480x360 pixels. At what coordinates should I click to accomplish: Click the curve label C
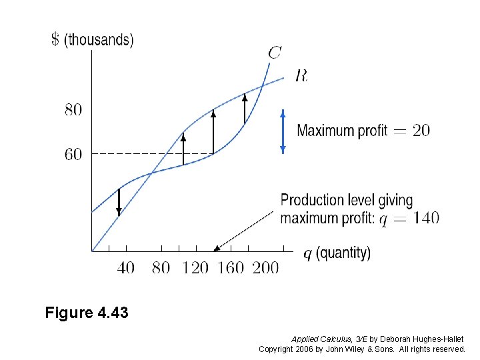click(x=274, y=52)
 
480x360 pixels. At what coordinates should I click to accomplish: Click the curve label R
click(x=301, y=76)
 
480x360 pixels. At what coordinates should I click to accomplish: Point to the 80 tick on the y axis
click(x=73, y=110)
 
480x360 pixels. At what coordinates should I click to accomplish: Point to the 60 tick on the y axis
click(x=73, y=155)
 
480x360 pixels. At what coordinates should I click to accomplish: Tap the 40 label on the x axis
click(x=125, y=268)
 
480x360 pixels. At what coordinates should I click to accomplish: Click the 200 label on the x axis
click(x=265, y=268)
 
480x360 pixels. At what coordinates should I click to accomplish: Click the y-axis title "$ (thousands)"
click(x=93, y=40)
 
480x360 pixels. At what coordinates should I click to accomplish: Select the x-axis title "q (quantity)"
click(x=337, y=253)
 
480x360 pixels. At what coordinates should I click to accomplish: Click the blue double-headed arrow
click(x=283, y=131)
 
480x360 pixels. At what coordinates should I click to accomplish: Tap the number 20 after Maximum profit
click(x=421, y=131)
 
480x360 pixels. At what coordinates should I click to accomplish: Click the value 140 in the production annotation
click(x=425, y=218)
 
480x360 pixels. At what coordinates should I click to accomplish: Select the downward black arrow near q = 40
click(x=119, y=202)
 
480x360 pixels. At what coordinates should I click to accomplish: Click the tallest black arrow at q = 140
click(x=213, y=131)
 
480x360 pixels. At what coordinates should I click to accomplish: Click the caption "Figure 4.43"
click(x=87, y=312)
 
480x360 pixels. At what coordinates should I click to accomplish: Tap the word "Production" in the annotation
click(x=312, y=201)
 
